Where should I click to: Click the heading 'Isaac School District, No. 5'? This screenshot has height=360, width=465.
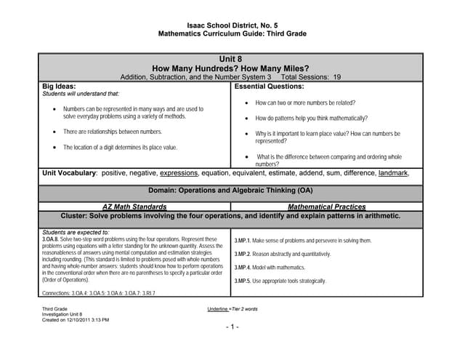(x=232, y=24)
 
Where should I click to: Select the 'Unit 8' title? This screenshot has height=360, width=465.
(x=232, y=58)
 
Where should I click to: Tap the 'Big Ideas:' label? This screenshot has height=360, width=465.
(x=60, y=85)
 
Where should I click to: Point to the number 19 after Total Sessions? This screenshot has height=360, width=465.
(x=336, y=76)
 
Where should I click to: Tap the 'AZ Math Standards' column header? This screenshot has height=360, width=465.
(x=134, y=207)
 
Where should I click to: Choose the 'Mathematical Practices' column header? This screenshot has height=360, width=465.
(x=326, y=207)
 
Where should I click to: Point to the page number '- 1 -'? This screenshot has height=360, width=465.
(x=232, y=327)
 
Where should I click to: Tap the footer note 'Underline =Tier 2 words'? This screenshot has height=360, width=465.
(x=232, y=309)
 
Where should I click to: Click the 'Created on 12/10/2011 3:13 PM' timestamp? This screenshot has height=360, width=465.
(x=75, y=319)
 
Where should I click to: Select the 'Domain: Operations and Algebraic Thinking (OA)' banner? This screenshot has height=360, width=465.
(x=232, y=191)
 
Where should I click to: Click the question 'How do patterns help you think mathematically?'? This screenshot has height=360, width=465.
(x=311, y=118)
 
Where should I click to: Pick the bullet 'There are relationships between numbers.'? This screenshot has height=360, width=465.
(x=113, y=132)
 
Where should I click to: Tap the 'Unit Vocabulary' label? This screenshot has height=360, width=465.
(x=69, y=173)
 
